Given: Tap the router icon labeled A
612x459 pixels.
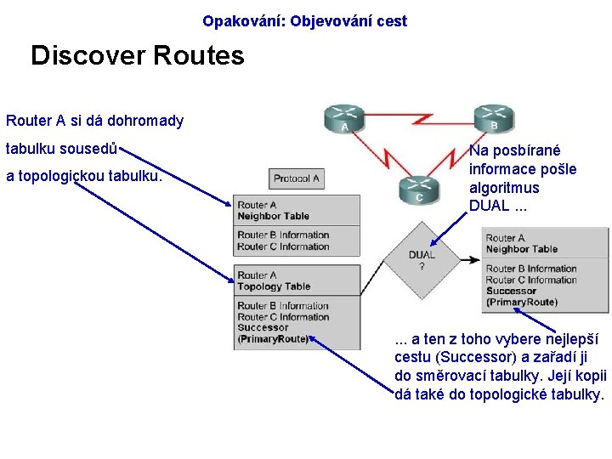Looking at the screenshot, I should [x=344, y=119].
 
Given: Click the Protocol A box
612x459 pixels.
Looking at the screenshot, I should [x=297, y=178].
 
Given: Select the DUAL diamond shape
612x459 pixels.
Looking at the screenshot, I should [x=422, y=255].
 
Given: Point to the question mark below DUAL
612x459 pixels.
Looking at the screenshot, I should [x=422, y=266].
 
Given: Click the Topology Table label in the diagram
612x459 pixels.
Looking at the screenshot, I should [x=274, y=286].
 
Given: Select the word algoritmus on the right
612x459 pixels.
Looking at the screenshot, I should [x=504, y=187].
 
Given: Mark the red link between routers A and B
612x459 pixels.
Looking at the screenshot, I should [x=418, y=119].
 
